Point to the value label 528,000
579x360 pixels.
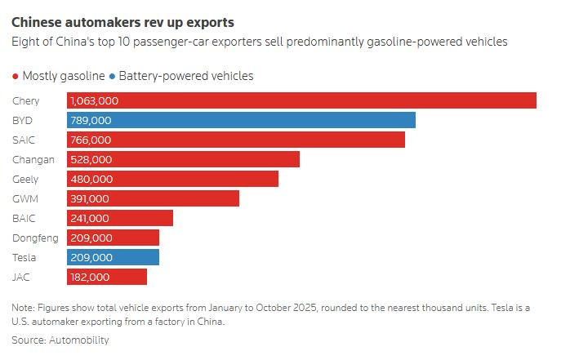click(91, 159)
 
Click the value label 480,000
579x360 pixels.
click(91, 179)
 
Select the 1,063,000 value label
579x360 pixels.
click(95, 100)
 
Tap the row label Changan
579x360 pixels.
click(33, 159)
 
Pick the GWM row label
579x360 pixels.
click(26, 198)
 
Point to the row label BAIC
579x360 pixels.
click(24, 218)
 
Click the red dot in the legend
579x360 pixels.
click(16, 76)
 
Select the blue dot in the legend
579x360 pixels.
click(112, 76)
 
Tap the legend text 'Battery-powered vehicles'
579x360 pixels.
click(186, 76)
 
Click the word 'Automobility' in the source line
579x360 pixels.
click(78, 340)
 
